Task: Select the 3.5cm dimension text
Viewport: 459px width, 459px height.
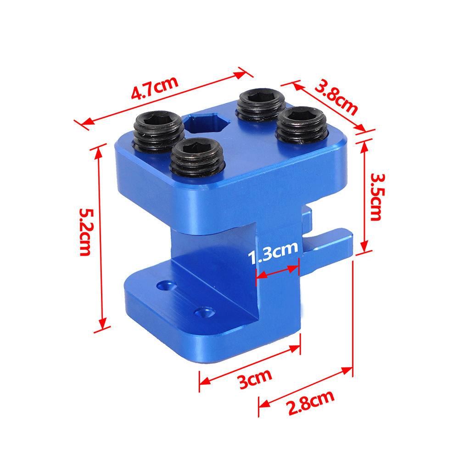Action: tap(375, 197)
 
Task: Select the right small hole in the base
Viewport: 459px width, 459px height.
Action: tap(202, 313)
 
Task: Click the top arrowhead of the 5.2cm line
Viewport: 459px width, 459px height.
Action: tap(97, 150)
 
